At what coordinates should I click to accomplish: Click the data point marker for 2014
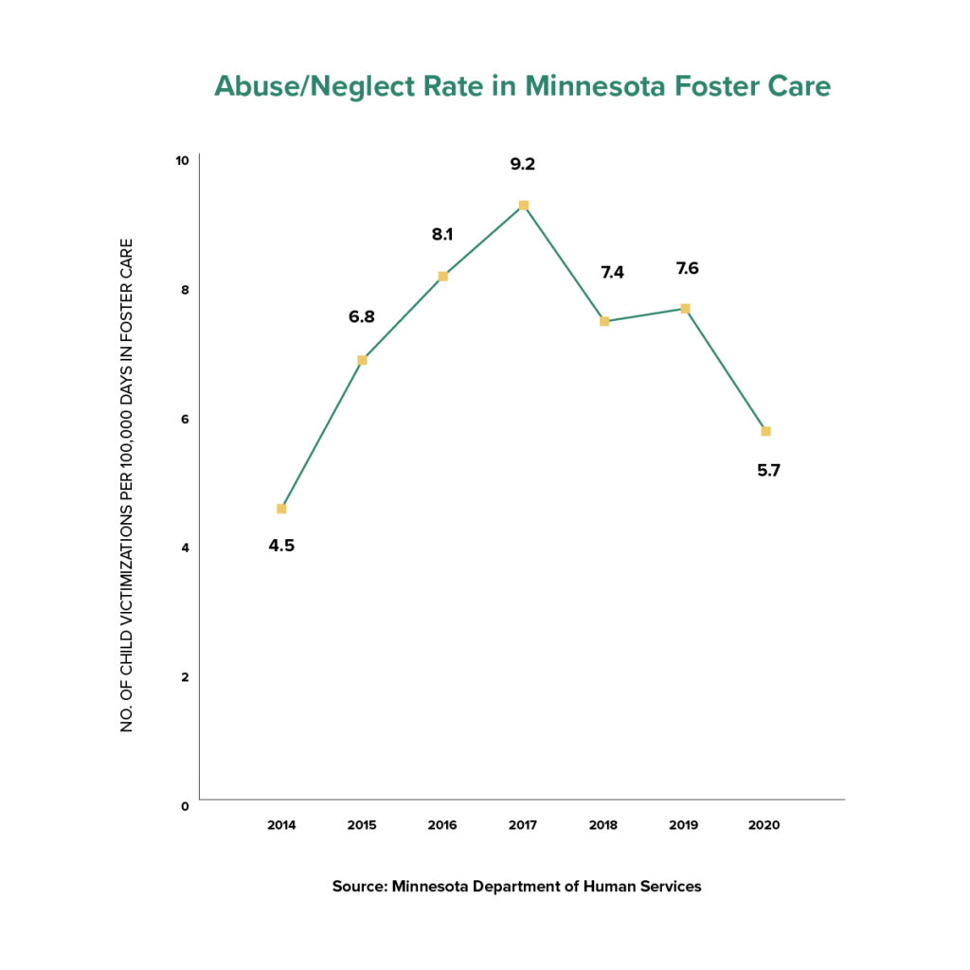(281, 509)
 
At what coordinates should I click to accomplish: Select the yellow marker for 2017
(523, 206)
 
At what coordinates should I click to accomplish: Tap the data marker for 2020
(765, 431)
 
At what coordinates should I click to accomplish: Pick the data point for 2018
(604, 321)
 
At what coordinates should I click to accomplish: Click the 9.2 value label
(523, 164)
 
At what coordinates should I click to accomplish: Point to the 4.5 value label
(281, 546)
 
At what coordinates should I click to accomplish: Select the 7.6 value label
(686, 268)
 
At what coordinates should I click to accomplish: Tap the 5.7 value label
(768, 470)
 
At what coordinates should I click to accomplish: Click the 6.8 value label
(362, 316)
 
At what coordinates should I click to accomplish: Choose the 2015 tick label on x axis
(362, 825)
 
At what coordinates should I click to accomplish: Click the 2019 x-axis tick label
(683, 825)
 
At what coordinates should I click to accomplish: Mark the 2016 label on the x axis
(442, 825)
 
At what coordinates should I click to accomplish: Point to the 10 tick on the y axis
(182, 159)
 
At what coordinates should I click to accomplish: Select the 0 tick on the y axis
(186, 806)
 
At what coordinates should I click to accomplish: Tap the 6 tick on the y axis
(186, 419)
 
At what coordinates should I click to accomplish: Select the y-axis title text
(127, 484)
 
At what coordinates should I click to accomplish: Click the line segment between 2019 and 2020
(726, 369)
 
